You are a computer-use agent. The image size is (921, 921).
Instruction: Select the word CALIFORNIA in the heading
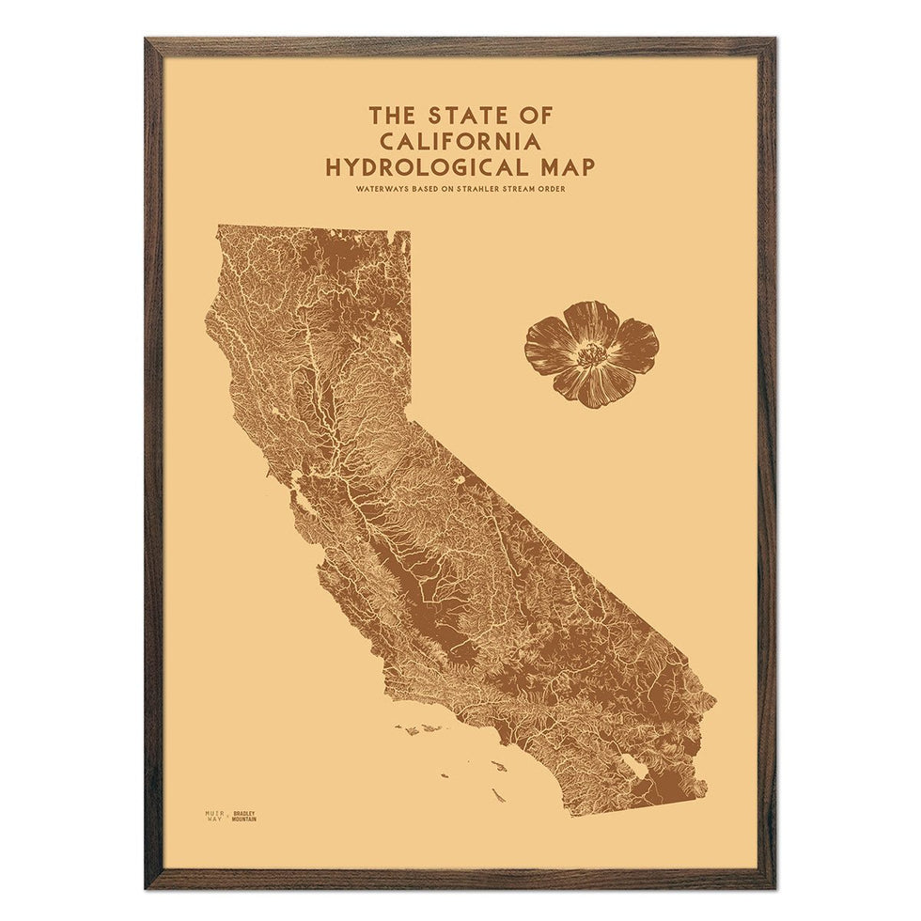point(460,142)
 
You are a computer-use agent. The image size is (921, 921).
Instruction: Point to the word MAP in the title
point(566,168)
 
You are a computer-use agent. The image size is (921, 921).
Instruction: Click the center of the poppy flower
point(592,354)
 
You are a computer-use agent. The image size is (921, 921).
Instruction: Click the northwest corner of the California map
point(218,226)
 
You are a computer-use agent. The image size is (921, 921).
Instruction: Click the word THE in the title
point(388,116)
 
